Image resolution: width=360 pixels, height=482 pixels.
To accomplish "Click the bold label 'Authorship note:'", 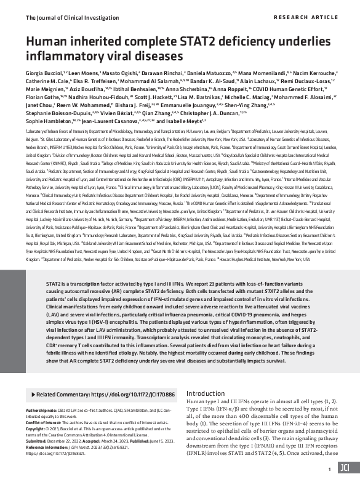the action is tap(42, 409).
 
